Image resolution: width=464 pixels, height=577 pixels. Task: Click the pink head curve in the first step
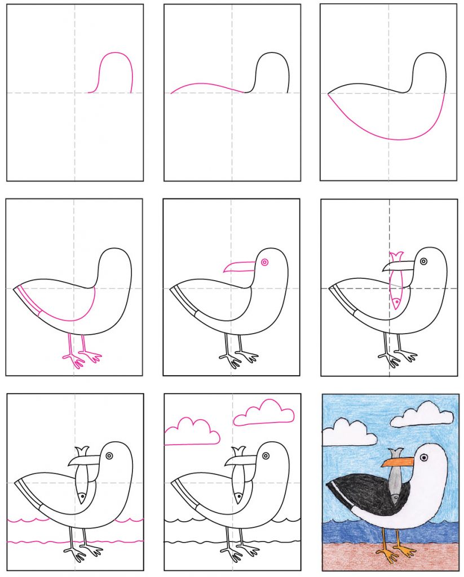(x=116, y=53)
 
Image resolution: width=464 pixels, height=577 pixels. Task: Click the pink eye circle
(x=264, y=262)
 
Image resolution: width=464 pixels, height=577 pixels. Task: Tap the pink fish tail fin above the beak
(x=395, y=257)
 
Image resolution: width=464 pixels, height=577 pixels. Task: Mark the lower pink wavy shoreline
(x=73, y=543)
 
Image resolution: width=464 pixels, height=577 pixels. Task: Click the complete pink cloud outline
(x=264, y=413)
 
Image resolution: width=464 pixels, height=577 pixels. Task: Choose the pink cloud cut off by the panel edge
(x=192, y=431)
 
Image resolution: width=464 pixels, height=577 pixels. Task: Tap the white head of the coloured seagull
(x=434, y=468)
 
